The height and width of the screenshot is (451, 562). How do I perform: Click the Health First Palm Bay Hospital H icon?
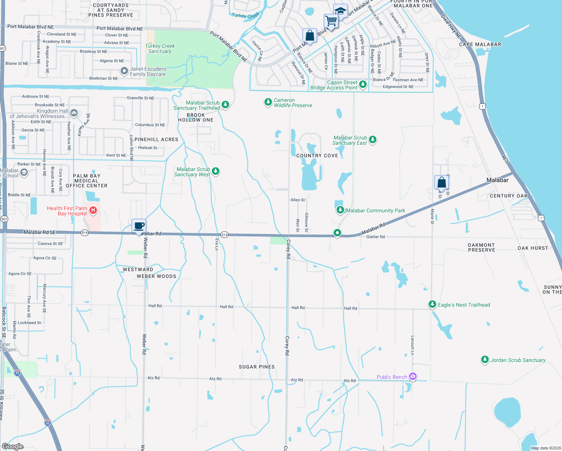(94, 210)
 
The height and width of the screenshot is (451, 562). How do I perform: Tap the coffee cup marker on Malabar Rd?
(139, 225)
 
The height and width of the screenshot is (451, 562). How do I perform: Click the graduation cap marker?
(340, 11)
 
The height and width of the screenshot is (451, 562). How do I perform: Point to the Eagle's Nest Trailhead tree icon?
(432, 304)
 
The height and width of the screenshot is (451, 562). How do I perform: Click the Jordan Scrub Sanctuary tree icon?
(485, 360)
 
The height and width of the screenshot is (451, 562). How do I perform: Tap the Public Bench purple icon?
(413, 376)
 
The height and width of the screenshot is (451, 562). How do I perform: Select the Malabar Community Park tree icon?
(340, 210)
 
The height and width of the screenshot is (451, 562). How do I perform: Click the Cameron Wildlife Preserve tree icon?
(268, 102)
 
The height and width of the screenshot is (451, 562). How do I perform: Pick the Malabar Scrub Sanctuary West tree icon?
(216, 171)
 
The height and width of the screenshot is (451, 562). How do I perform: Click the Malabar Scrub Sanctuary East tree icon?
(373, 140)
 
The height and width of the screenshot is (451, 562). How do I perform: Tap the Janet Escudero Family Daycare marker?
(124, 71)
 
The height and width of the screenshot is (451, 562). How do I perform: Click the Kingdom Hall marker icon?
(74, 112)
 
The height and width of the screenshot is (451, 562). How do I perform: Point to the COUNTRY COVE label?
(317, 156)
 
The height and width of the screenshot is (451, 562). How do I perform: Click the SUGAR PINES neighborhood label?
(257, 367)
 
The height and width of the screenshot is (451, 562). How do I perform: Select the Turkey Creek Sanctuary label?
(160, 48)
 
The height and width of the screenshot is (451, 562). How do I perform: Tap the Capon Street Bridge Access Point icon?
(363, 84)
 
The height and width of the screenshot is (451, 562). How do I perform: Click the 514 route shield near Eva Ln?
(224, 235)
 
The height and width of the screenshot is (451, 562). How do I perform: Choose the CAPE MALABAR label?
(480, 44)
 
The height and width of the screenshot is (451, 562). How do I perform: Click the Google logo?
(13, 446)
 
